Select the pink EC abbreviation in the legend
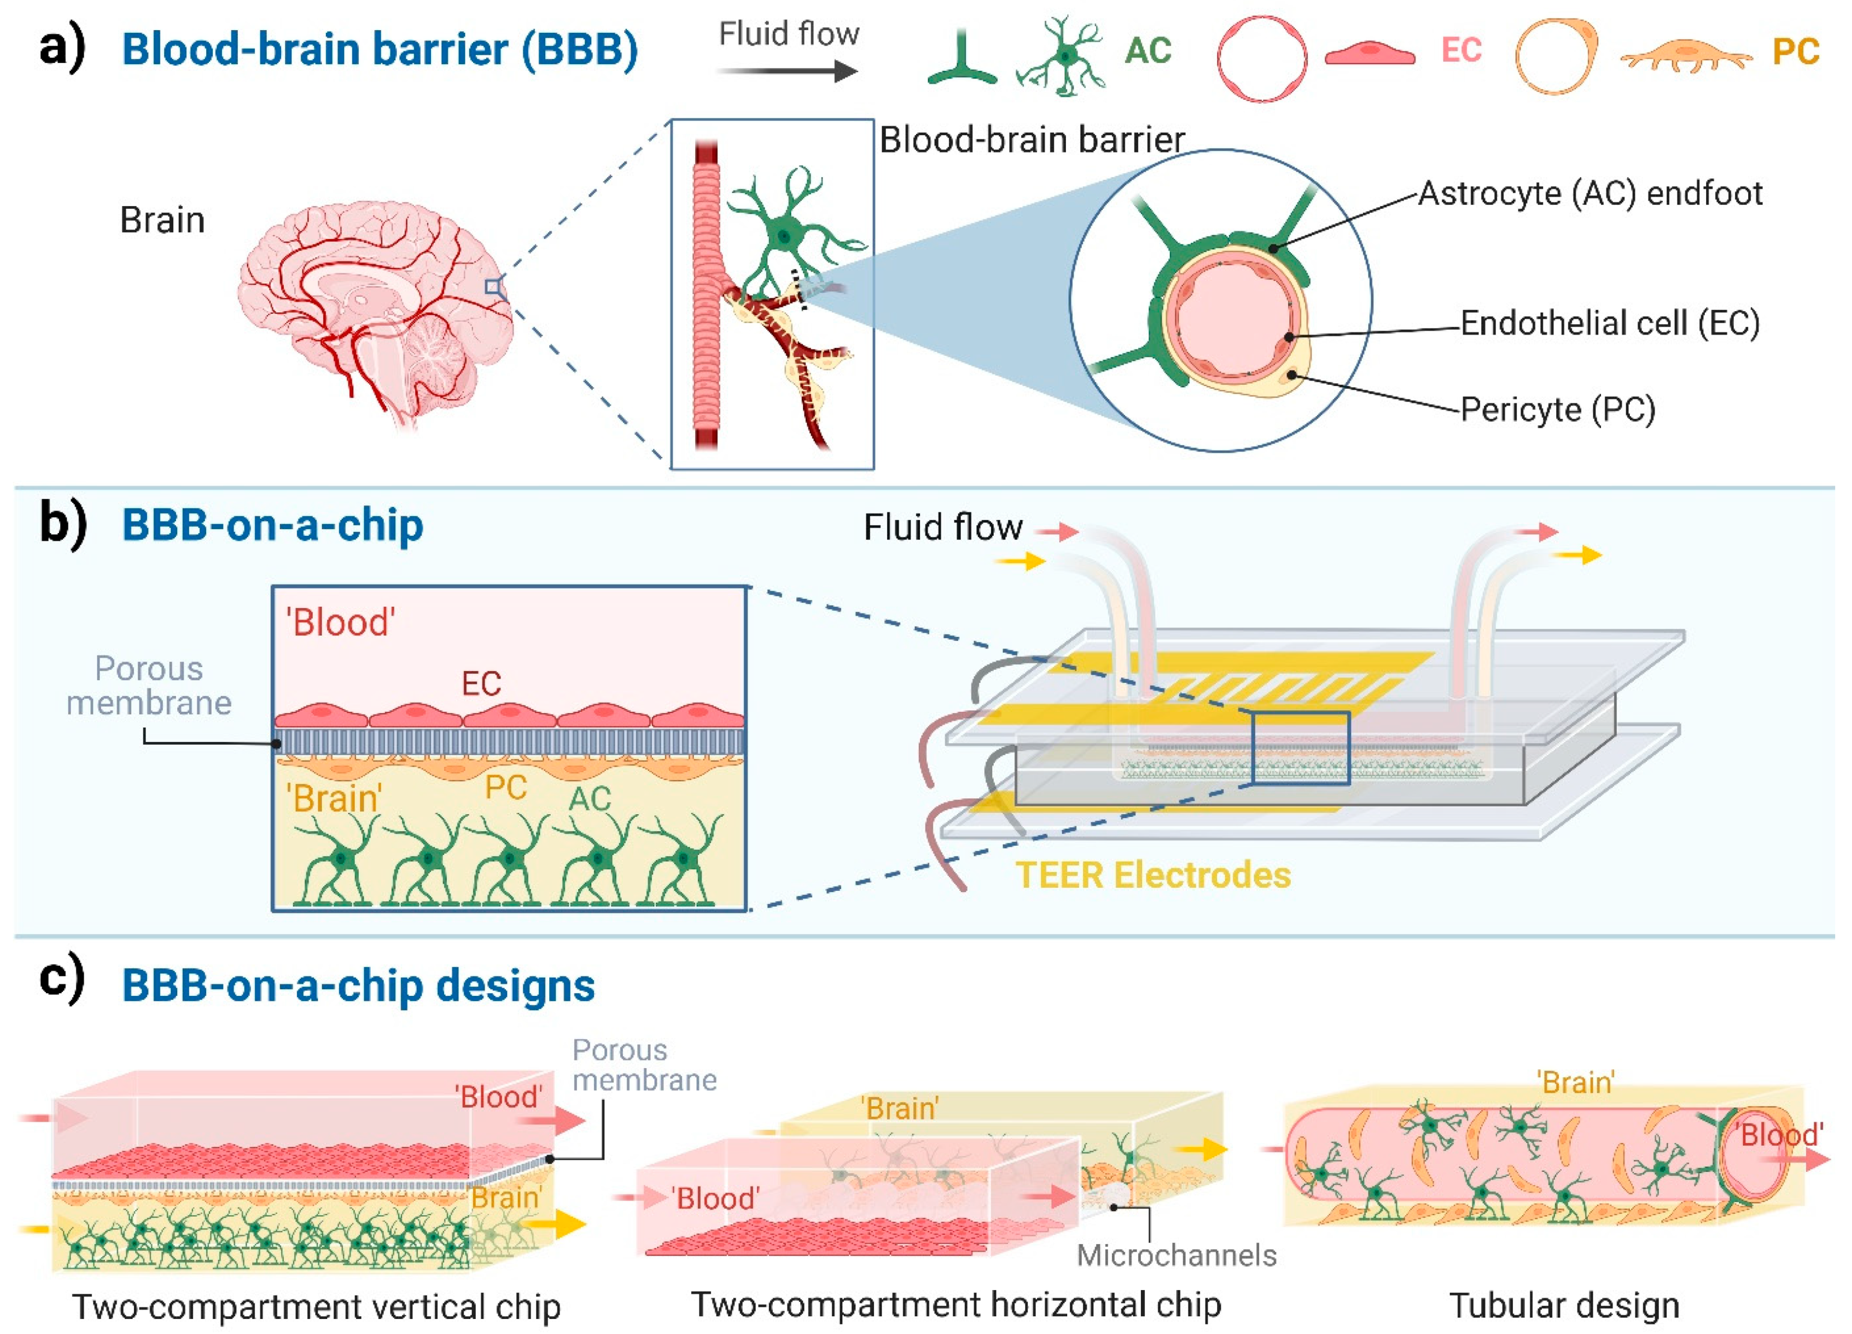pyautogui.click(x=1461, y=51)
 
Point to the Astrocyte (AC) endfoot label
pyautogui.click(x=1590, y=194)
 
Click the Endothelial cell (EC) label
pyautogui.click(x=1609, y=323)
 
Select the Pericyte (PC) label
pyautogui.click(x=1557, y=409)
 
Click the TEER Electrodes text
pyautogui.click(x=1153, y=875)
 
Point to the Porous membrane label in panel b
pyautogui.click(x=149, y=686)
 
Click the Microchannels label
pyautogui.click(x=1176, y=1255)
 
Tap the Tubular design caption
pyautogui.click(x=1564, y=1305)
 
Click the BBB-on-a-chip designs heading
pyautogui.click(x=358, y=985)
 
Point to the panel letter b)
pyautogui.click(x=62, y=523)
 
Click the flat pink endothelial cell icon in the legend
pyautogui.click(x=1369, y=54)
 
